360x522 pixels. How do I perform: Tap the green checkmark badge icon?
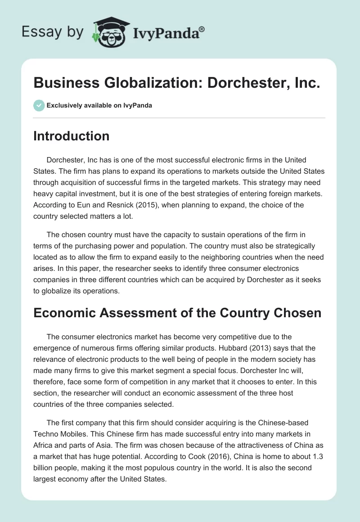point(39,105)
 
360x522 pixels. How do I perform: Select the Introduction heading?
point(71,136)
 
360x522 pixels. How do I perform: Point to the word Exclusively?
point(63,105)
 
